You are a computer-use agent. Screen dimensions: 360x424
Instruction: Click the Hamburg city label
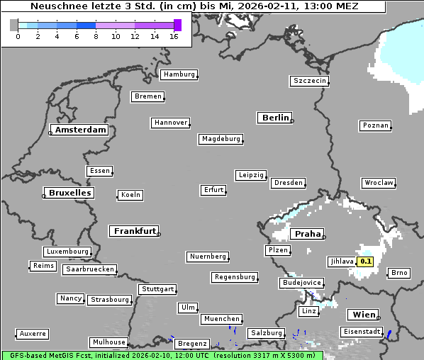pyautogui.click(x=178, y=74)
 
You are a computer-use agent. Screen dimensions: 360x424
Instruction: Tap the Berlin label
pyautogui.click(x=275, y=118)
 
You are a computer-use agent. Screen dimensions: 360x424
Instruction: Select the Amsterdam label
pyautogui.click(x=81, y=130)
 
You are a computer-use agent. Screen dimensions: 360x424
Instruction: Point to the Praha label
pyautogui.click(x=308, y=234)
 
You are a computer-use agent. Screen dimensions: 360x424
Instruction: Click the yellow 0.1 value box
pyautogui.click(x=366, y=261)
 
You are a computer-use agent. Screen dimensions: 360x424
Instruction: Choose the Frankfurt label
pyautogui.click(x=134, y=231)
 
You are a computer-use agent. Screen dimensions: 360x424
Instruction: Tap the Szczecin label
pyautogui.click(x=309, y=81)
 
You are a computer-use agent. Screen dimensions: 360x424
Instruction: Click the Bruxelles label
pyautogui.click(x=69, y=193)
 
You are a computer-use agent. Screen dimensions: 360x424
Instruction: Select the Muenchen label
pyautogui.click(x=221, y=319)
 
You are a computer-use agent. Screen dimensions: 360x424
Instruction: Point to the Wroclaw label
pyautogui.click(x=378, y=183)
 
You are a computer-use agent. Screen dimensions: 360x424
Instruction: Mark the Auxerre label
pyautogui.click(x=33, y=333)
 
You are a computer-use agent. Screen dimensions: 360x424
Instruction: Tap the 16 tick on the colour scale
pyautogui.click(x=174, y=37)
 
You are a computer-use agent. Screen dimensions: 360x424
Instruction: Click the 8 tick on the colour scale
pyautogui.click(x=96, y=37)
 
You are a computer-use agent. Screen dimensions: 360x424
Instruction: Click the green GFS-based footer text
pyautogui.click(x=162, y=354)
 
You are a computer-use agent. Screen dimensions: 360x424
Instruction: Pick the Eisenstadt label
pyautogui.click(x=361, y=332)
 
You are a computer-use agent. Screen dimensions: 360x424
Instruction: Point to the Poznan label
pyautogui.click(x=375, y=125)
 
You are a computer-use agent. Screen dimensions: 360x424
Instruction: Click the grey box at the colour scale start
pyautogui.click(x=14, y=25)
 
